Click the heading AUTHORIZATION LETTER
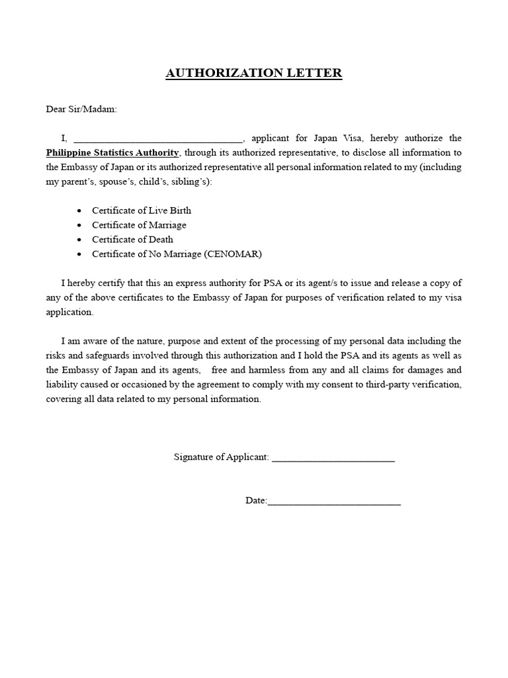pos(253,73)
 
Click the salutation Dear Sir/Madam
pos(81,109)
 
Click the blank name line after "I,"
pos(158,140)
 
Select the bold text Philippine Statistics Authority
pos(112,152)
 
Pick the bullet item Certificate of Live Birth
pos(142,211)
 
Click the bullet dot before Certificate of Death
pos(79,240)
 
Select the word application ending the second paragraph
pos(69,312)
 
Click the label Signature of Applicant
pos(221,458)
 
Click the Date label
pos(255,501)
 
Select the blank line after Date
pos(334,503)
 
